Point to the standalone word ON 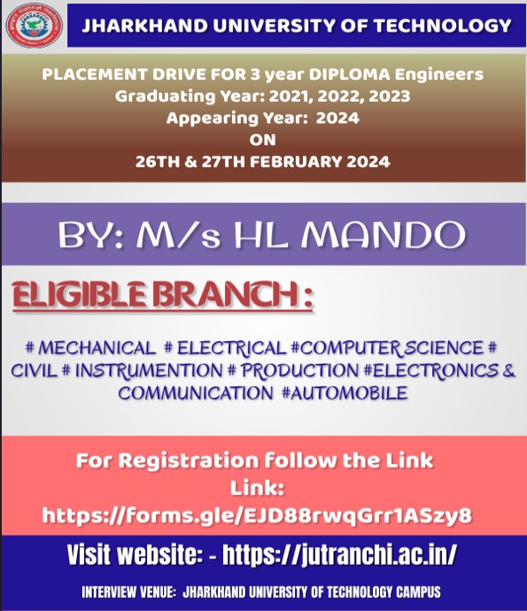point(263,140)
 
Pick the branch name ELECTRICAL point(231,347)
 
